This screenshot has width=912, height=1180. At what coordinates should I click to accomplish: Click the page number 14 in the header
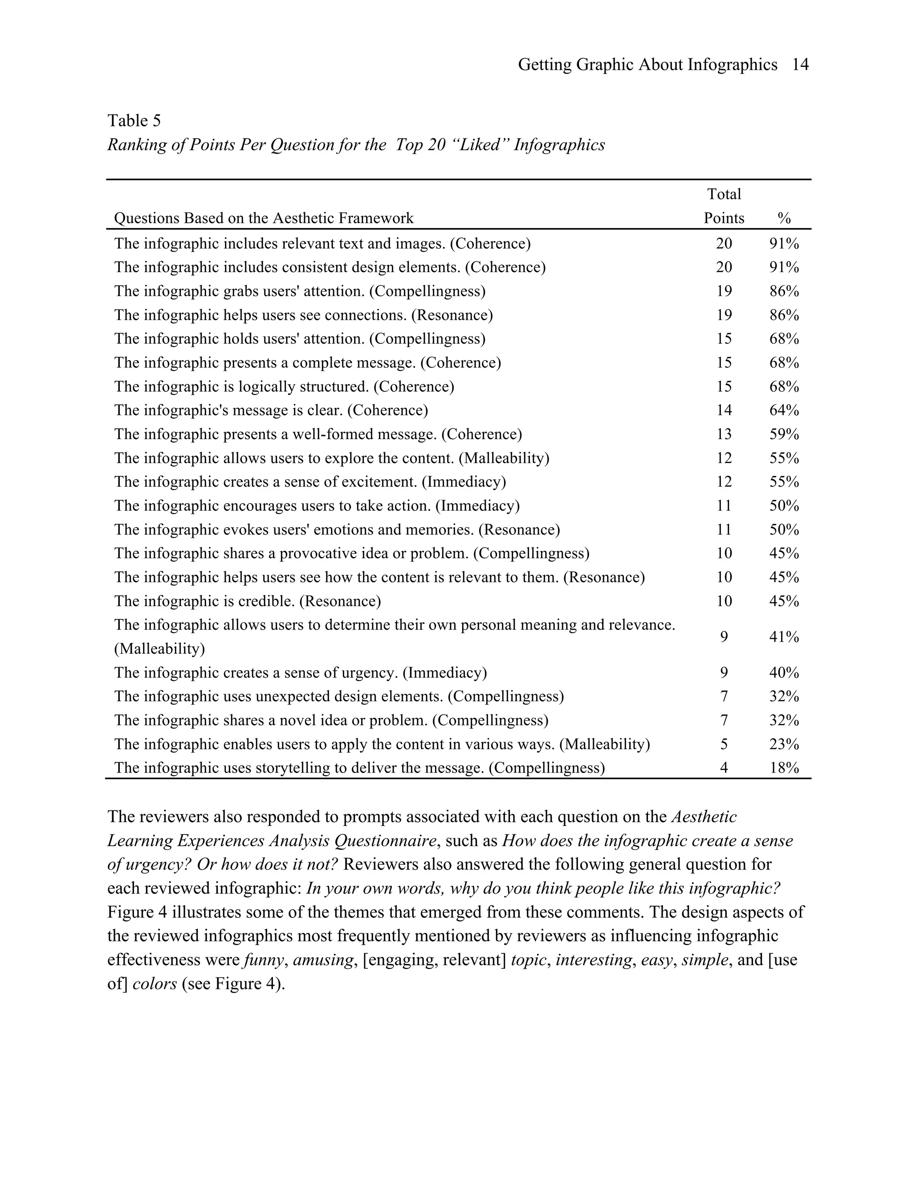pos(800,65)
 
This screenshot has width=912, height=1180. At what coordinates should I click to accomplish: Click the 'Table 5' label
pos(134,121)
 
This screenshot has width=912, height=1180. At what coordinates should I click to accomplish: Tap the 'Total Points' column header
pos(724,206)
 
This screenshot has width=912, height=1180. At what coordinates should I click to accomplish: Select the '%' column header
pos(784,218)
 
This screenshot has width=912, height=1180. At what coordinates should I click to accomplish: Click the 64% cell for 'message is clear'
pos(784,411)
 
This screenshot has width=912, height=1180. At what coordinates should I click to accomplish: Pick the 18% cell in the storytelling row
pos(784,768)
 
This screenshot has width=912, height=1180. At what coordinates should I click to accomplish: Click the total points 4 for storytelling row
pos(724,768)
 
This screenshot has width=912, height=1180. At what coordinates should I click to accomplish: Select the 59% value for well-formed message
pos(784,435)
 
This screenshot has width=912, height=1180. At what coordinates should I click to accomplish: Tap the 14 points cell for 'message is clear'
pos(724,411)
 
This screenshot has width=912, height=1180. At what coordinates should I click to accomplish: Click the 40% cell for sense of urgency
pos(784,673)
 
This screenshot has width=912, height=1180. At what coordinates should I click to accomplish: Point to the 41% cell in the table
pos(784,638)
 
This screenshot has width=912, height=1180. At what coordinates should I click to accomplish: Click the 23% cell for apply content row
pos(784,745)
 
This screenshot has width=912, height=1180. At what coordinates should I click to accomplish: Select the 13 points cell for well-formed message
pos(724,435)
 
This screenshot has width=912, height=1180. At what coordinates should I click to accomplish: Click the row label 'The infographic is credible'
pos(248,601)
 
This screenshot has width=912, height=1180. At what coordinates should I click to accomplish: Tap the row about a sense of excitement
pos(310,482)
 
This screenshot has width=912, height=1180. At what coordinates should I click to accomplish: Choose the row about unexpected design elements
pos(339,696)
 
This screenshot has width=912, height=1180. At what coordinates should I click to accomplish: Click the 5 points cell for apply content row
pos(724,745)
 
